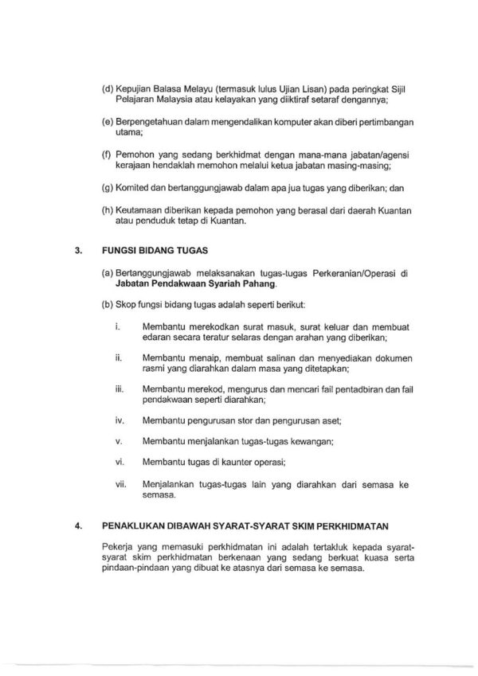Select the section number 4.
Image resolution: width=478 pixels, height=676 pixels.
tap(77, 526)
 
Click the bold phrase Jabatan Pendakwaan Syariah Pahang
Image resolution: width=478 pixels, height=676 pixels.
tap(181, 282)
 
